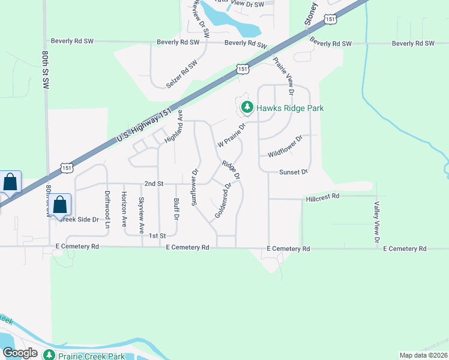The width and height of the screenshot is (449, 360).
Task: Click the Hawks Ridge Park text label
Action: (291, 109)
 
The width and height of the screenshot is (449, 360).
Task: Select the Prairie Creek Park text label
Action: (92, 356)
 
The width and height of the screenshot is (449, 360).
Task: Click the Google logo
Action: (19, 353)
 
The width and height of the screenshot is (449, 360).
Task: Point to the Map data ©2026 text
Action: (423, 355)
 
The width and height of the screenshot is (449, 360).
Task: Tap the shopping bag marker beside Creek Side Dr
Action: (60, 205)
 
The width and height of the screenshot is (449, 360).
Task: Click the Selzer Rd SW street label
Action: (182, 74)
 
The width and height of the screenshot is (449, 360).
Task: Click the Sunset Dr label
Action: (294, 172)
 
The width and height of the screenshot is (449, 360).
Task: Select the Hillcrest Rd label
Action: (322, 196)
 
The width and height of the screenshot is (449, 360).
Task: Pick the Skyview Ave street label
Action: (142, 215)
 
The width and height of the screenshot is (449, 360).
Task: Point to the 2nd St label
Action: (154, 184)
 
